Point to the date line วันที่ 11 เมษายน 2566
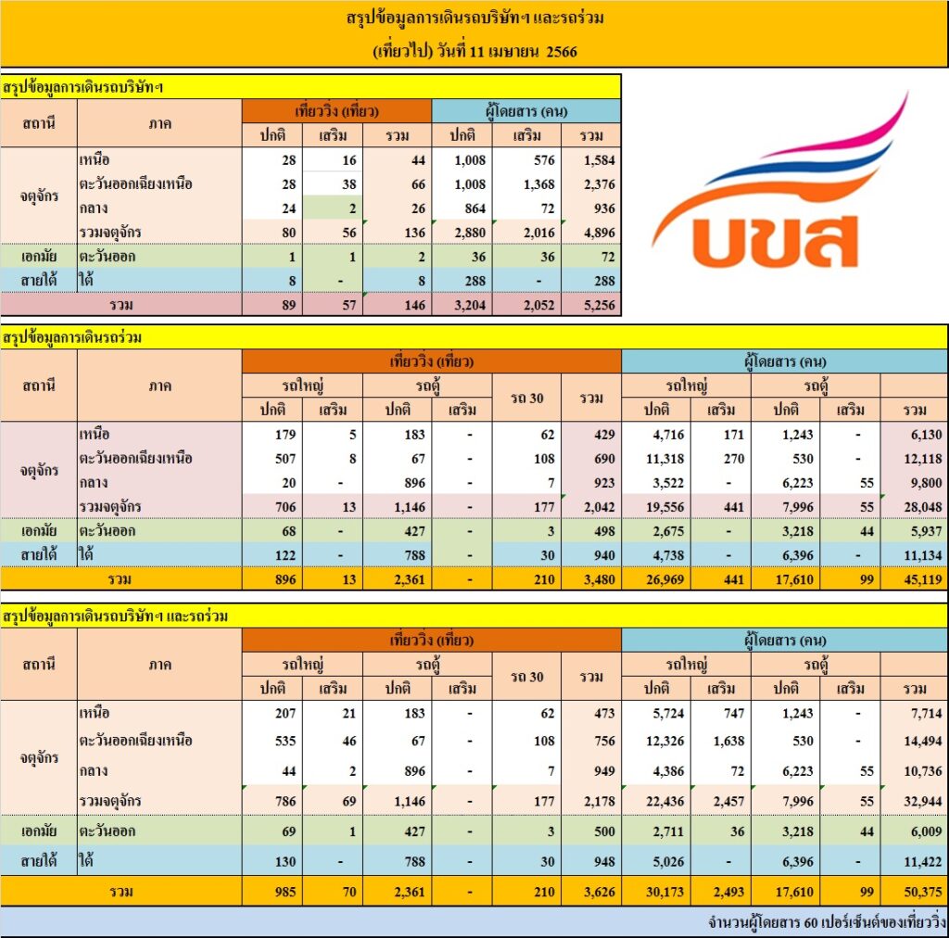pyautogui.click(x=474, y=52)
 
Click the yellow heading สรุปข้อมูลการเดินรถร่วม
pyautogui.click(x=74, y=338)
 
